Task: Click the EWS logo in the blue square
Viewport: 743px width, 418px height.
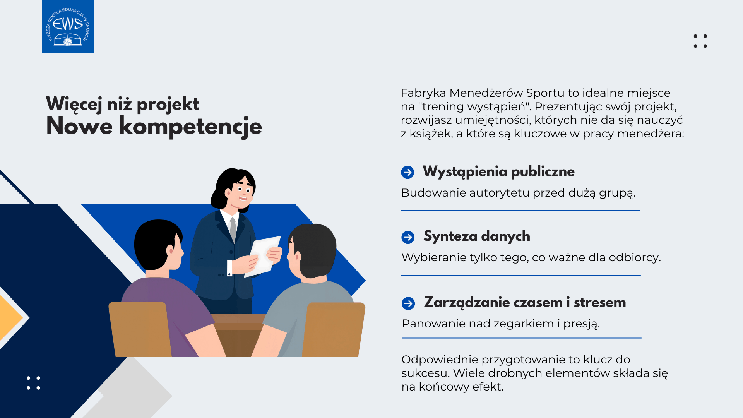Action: (68, 26)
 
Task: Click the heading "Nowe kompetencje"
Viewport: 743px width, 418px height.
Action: (154, 127)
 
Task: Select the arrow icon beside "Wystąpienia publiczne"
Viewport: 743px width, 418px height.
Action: (407, 172)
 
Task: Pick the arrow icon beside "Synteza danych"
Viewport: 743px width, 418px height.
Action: (408, 237)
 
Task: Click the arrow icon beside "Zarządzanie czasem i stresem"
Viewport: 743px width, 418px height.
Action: (408, 303)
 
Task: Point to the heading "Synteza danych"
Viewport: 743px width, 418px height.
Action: (477, 236)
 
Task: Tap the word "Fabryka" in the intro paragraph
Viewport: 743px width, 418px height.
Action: (423, 93)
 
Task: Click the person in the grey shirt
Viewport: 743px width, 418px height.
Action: (306, 290)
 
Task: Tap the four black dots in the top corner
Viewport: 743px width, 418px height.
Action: (700, 41)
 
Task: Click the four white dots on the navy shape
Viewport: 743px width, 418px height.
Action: (33, 383)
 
